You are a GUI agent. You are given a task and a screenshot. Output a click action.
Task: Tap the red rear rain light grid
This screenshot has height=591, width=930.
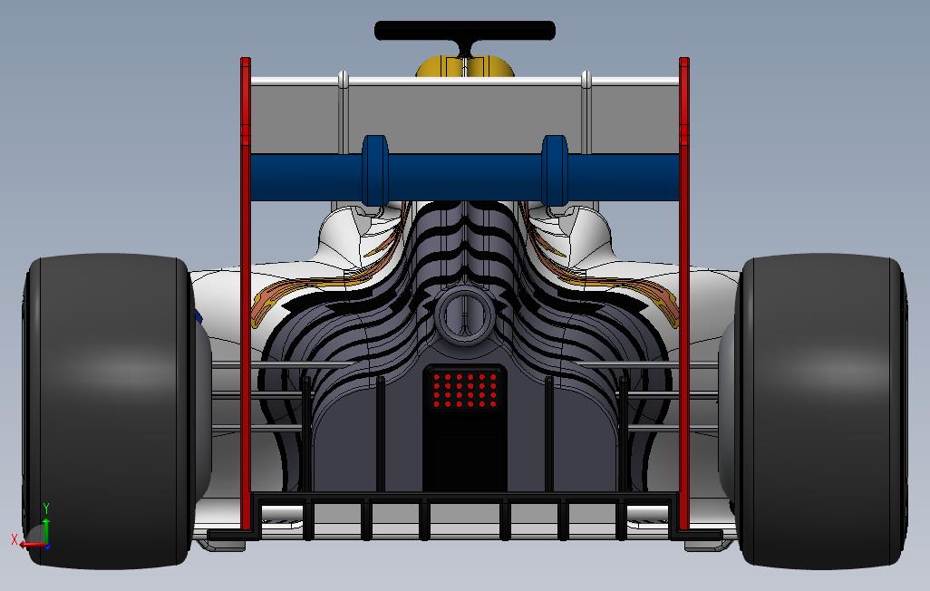click(465, 389)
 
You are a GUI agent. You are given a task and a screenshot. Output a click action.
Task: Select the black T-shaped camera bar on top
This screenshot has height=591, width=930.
click(464, 32)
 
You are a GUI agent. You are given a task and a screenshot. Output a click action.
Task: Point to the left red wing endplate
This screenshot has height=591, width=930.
click(246, 290)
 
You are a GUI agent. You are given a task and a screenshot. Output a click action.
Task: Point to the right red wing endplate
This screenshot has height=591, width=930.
click(684, 290)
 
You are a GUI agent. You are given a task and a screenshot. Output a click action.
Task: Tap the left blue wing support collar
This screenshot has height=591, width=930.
click(374, 169)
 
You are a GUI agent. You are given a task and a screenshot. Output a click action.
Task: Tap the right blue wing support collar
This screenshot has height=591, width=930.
click(555, 169)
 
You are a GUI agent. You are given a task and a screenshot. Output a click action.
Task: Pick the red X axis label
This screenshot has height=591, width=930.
click(15, 539)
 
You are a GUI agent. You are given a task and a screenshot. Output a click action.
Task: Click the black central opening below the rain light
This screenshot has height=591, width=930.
click(465, 458)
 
